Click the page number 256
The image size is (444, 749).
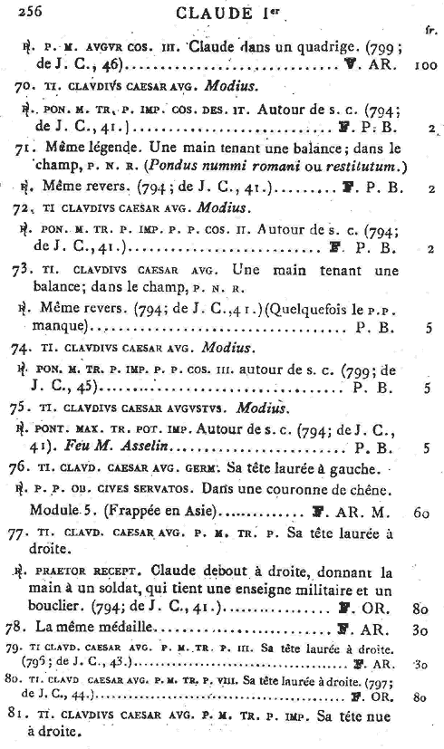tap(21, 10)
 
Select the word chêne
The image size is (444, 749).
tap(407, 490)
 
